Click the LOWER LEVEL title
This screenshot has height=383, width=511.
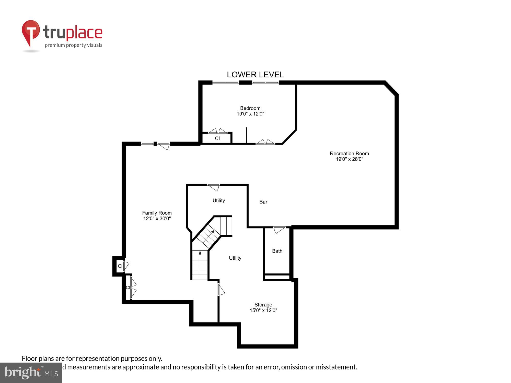tap(255, 75)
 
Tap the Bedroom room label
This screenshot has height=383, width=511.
tap(250, 108)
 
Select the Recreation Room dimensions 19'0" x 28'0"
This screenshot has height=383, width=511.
tap(349, 159)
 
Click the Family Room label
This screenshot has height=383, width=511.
tap(157, 213)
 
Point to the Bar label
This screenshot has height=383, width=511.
tap(263, 202)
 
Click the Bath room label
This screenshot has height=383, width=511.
tap(277, 251)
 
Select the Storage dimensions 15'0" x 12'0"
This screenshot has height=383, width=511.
tap(263, 310)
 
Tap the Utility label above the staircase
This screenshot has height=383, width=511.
tap(219, 200)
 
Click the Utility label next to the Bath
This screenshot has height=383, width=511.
tap(235, 258)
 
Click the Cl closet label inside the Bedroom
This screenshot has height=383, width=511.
tap(217, 138)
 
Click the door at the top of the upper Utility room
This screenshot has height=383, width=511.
tap(214, 187)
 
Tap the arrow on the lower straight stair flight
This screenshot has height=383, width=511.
tap(200, 253)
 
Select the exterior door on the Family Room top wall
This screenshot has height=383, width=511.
tap(164, 146)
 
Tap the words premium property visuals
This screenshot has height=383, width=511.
tap(74, 45)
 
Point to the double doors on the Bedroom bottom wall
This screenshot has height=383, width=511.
tap(265, 142)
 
